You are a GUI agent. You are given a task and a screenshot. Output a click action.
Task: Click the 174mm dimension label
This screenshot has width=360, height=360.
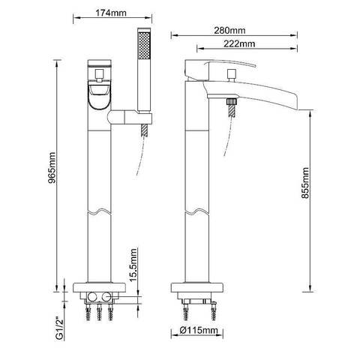(x=111, y=13)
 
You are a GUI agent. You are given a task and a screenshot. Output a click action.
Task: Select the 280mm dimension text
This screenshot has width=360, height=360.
(x=229, y=30)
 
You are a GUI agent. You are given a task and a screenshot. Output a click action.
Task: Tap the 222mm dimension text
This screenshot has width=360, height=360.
(x=239, y=43)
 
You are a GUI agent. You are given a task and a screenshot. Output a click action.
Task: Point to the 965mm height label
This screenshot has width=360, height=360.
(x=52, y=168)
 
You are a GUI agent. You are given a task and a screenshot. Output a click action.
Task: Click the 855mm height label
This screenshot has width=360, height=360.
(x=305, y=183)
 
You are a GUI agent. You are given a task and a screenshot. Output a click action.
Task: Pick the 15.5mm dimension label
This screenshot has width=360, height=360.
(x=133, y=265)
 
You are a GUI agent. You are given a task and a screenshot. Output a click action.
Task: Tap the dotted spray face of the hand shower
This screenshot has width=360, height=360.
(x=144, y=46)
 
